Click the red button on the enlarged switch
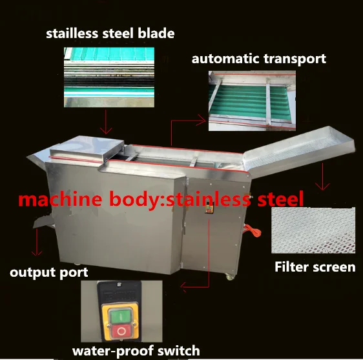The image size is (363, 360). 121,332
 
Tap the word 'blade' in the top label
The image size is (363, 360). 156,34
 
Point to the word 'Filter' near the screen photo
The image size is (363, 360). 292,267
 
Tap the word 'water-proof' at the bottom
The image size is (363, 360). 113,351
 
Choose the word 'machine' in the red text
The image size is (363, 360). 60,199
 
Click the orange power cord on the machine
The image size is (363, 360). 253,230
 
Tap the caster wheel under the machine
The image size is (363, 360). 229,276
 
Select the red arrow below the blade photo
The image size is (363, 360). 106,122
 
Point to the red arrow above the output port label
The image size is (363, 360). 37,242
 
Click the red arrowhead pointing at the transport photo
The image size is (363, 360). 201,120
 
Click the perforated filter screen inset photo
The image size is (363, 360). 313,230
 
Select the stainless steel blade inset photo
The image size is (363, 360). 109,77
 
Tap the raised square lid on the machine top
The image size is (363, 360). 87,148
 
